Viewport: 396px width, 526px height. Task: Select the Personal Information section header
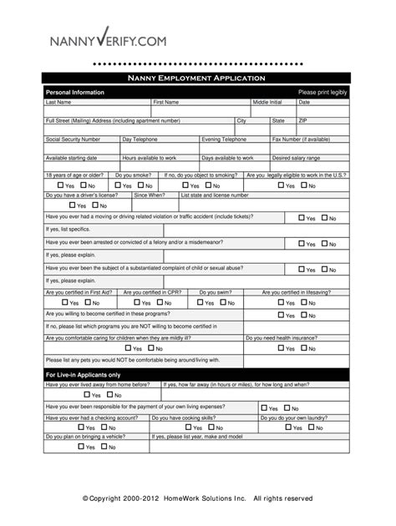point(74,92)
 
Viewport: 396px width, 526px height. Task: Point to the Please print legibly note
point(322,92)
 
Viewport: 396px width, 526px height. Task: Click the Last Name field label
point(58,102)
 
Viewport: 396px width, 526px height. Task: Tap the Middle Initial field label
point(267,102)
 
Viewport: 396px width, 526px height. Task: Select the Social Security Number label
point(73,139)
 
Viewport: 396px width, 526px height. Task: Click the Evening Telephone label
point(224,139)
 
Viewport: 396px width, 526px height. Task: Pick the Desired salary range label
point(296,158)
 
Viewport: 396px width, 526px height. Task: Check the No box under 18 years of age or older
point(82,185)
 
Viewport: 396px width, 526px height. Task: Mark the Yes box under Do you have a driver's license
point(73,205)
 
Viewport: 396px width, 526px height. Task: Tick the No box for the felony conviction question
point(324,245)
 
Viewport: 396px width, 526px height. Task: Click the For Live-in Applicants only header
point(83,375)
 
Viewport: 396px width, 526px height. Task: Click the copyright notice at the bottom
point(197,498)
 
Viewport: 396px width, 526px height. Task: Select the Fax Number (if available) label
point(301,139)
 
